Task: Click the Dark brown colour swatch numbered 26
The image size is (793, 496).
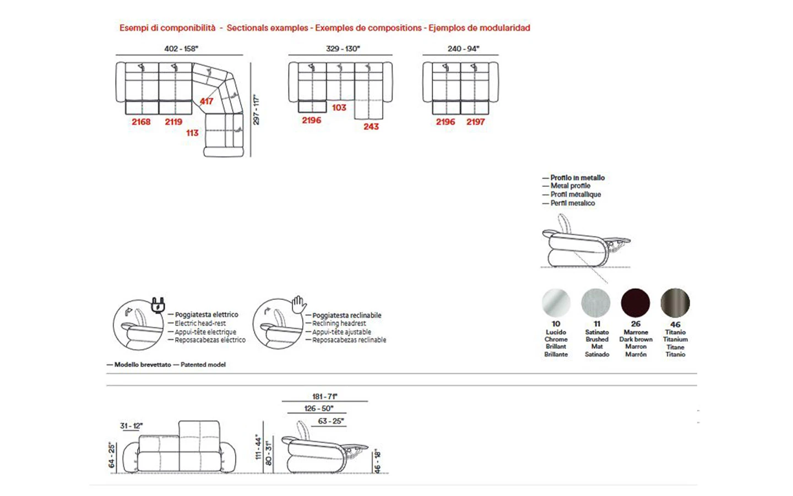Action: tap(636, 303)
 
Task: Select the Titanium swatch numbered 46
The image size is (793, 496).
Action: tap(675, 303)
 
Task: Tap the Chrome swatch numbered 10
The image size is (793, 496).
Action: tap(556, 303)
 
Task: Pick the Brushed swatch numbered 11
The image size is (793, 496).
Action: tap(596, 303)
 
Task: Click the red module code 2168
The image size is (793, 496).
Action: tap(141, 122)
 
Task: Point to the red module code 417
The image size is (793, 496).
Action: tap(207, 101)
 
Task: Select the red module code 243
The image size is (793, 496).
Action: tap(371, 127)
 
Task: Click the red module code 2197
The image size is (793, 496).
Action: tap(476, 122)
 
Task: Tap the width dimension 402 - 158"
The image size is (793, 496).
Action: tap(181, 48)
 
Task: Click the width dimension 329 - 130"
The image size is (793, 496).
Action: tap(343, 48)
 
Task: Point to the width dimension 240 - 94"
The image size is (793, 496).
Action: tap(463, 48)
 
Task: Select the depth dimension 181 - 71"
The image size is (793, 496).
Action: tap(324, 396)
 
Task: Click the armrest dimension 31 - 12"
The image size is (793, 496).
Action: tap(131, 426)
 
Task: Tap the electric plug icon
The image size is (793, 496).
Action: tap(158, 304)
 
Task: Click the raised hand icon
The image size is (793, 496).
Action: tap(298, 303)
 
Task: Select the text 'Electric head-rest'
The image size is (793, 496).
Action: tap(200, 324)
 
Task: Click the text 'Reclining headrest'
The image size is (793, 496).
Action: tap(339, 324)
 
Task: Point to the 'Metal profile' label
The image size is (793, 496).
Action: tap(571, 186)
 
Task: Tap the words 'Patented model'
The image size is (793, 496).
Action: tap(203, 365)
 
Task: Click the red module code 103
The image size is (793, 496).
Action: tap(339, 108)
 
